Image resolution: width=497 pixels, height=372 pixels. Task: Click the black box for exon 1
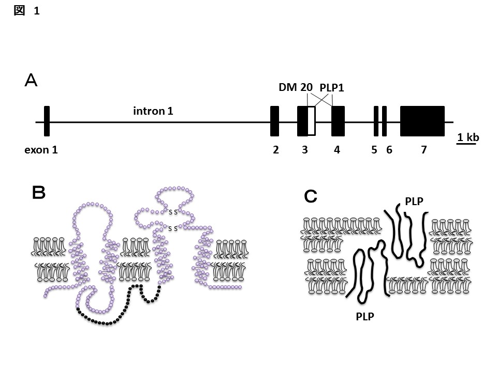click(x=47, y=121)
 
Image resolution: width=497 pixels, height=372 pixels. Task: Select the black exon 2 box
click(x=275, y=121)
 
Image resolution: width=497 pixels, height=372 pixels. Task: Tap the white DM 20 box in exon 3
click(x=311, y=121)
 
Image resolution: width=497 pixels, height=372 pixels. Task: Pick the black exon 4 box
click(x=338, y=121)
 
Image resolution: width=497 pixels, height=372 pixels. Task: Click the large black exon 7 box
click(x=422, y=121)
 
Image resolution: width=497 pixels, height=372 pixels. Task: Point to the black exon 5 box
click(x=376, y=121)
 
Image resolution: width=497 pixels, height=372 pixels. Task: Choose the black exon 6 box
click(x=385, y=121)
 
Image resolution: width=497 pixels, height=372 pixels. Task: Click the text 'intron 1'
click(x=153, y=111)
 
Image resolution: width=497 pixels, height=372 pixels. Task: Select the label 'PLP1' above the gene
click(x=332, y=88)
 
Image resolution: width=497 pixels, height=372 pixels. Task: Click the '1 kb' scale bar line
click(x=466, y=144)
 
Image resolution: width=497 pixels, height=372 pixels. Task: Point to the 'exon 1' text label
click(x=41, y=150)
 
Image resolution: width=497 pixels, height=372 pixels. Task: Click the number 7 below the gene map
click(x=424, y=150)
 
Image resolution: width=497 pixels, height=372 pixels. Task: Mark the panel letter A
click(x=32, y=81)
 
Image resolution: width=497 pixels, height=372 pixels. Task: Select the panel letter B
click(x=39, y=193)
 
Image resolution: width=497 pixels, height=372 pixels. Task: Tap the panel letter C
click(x=311, y=196)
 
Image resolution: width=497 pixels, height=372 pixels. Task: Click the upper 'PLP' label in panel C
click(x=414, y=202)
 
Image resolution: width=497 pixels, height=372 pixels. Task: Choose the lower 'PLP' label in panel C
click(x=365, y=316)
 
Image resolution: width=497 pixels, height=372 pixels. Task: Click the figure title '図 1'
click(x=26, y=10)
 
